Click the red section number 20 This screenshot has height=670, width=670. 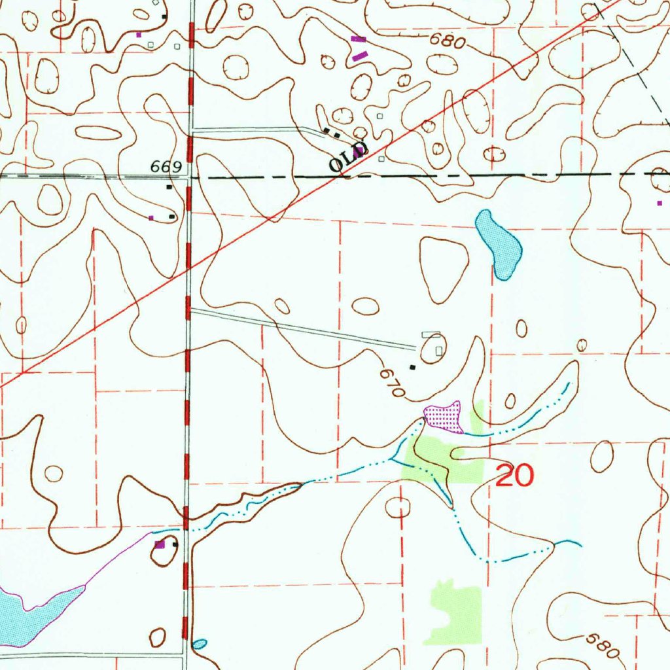(x=515, y=476)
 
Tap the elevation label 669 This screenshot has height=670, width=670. (x=165, y=167)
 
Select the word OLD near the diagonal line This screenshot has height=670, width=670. (x=347, y=158)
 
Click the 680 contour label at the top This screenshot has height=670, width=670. (x=448, y=43)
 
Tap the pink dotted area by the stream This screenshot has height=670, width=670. (x=444, y=417)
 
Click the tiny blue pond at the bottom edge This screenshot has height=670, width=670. (x=200, y=644)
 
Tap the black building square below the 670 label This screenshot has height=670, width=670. (x=412, y=367)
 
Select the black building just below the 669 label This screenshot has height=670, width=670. (x=169, y=187)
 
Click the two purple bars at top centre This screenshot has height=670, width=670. (x=359, y=48)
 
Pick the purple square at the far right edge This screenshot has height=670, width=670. (x=660, y=203)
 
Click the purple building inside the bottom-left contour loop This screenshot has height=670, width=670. (x=159, y=544)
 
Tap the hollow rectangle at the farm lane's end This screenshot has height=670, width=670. (x=429, y=335)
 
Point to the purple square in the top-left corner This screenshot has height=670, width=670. (x=138, y=34)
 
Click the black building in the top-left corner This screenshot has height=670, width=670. (x=164, y=16)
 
